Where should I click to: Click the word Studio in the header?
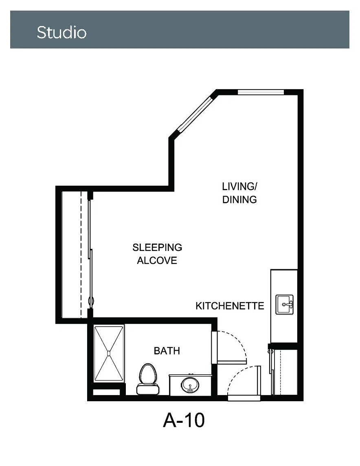61,32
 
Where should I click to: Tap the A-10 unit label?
184,420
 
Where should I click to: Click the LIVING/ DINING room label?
239,193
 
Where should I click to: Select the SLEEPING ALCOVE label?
157,254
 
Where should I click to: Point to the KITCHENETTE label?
230,306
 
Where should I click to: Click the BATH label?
167,351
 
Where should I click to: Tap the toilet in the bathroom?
147,379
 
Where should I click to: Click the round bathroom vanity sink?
190,385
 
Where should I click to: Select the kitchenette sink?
285,304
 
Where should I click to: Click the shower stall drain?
109,353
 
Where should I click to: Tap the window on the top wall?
261,92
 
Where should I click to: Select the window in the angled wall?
195,114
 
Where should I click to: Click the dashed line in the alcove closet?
81,255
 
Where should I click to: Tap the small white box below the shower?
106,392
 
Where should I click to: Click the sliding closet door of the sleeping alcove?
90,255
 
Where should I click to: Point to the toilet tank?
147,389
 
